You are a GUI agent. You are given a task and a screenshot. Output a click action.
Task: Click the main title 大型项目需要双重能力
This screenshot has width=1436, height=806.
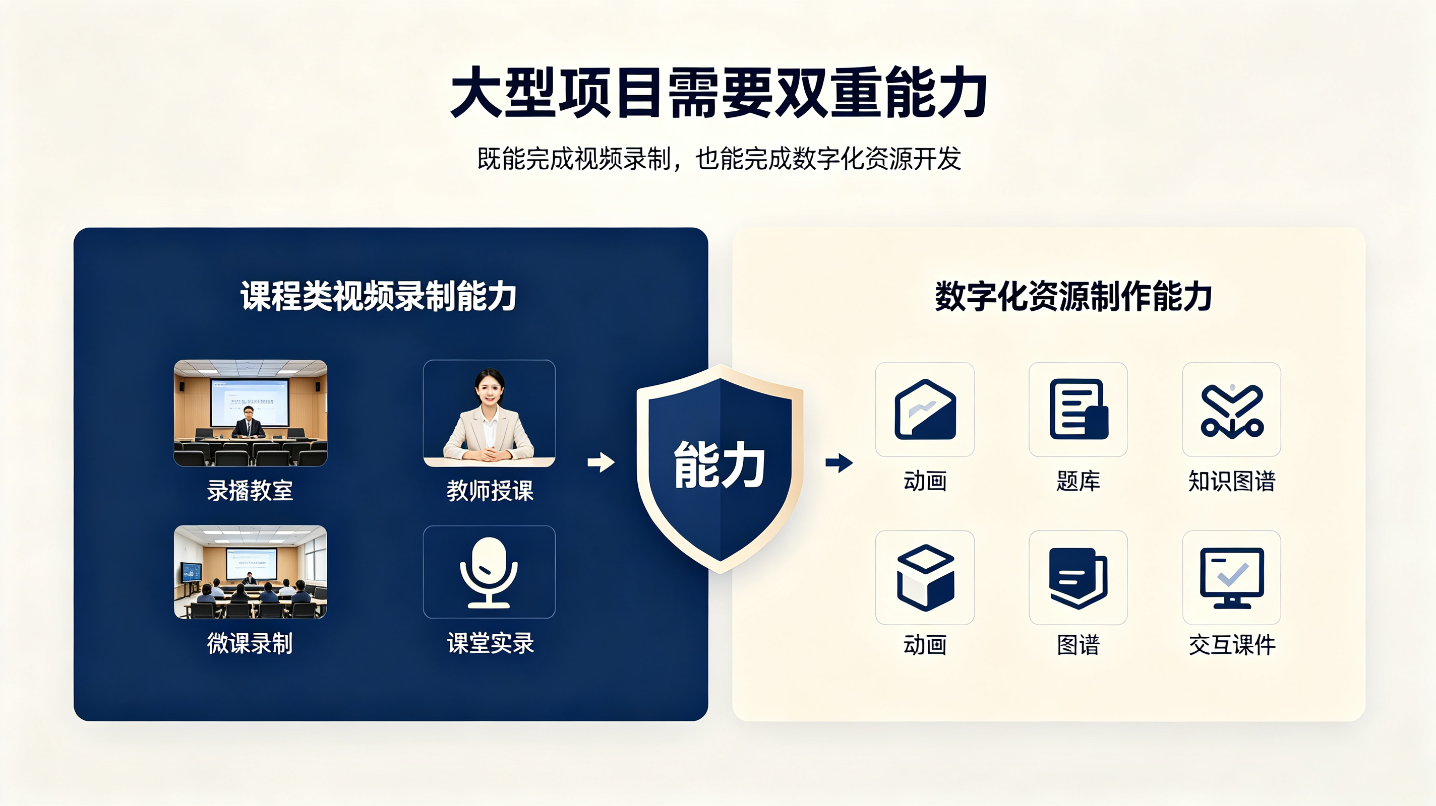point(719,93)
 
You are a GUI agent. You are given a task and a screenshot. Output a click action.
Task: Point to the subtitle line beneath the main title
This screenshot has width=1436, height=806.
point(719,159)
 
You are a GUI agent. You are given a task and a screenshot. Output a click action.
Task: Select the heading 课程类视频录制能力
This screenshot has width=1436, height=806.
point(379,296)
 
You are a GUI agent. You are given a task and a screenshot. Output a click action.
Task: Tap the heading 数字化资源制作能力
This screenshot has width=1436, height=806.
point(1073,296)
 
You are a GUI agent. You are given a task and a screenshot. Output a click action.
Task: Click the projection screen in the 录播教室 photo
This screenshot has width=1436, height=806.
point(249,401)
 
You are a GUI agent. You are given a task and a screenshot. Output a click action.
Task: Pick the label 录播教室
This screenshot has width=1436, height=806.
point(250,491)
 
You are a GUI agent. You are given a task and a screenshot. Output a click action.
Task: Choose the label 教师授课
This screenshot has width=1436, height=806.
point(490,491)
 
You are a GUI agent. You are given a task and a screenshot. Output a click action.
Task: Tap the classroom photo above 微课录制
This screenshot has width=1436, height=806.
point(250,572)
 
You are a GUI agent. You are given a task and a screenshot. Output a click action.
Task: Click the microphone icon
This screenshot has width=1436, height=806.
point(489,572)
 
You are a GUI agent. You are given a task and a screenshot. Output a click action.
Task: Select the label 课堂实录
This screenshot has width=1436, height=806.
point(490,643)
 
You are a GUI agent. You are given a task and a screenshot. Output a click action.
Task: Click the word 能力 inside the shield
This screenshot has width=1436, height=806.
point(719,465)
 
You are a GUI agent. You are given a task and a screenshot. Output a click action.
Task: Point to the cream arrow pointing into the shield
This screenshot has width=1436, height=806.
point(601,462)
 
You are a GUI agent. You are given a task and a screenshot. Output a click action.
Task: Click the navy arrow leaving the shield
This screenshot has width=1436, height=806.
point(839,462)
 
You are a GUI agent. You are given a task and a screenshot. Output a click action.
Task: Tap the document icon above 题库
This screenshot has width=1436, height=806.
point(1079,410)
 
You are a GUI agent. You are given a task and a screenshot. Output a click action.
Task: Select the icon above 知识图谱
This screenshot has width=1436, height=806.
point(1232,411)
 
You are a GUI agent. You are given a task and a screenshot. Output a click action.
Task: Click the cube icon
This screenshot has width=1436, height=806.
point(925,577)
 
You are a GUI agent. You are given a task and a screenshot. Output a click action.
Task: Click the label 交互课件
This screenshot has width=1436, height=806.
point(1232,645)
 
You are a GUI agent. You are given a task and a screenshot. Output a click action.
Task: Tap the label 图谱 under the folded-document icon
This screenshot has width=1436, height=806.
point(1079,645)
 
